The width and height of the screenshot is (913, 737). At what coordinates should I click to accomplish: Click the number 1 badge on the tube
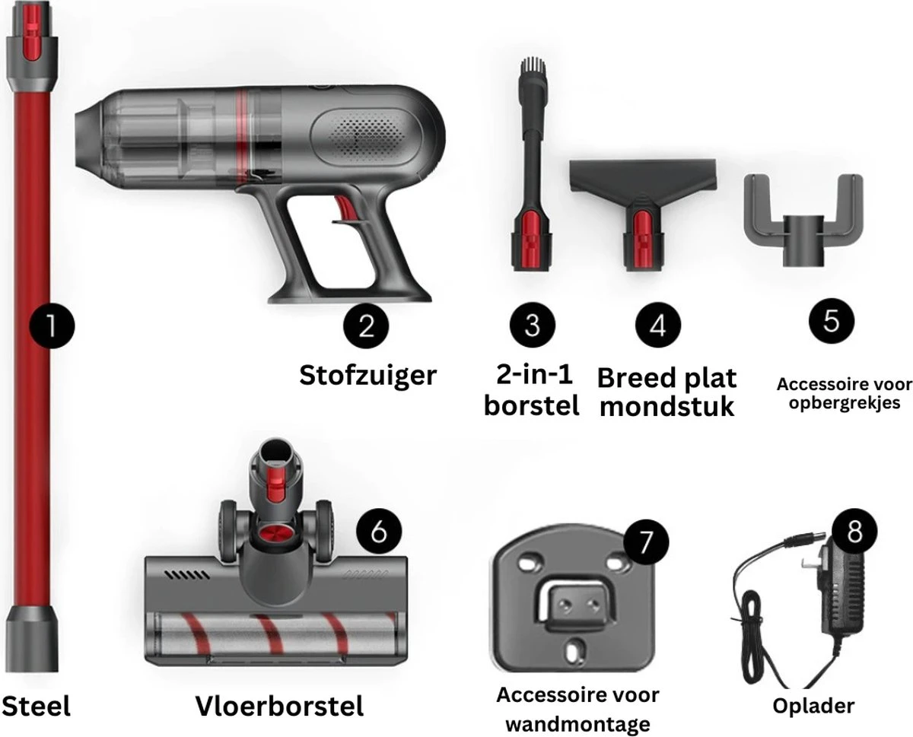[x=52, y=326]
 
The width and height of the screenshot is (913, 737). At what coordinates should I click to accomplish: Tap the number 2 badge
[x=366, y=326]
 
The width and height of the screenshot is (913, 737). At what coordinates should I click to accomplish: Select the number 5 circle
[x=831, y=321]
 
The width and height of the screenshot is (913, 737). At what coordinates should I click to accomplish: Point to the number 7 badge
[x=645, y=543]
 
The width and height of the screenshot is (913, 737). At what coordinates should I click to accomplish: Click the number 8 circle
[x=854, y=532]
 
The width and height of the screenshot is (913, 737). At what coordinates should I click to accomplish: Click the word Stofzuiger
[x=367, y=376]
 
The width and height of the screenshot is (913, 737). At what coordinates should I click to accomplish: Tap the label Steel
[x=36, y=706]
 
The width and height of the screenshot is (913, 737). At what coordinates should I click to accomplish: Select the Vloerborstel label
[x=279, y=706]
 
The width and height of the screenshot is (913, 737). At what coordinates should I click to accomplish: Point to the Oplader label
[x=813, y=707]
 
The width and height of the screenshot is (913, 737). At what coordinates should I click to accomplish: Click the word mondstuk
[x=666, y=406]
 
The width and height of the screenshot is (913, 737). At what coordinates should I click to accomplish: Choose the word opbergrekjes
[x=844, y=403]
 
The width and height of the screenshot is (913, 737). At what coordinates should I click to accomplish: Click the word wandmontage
[x=577, y=724]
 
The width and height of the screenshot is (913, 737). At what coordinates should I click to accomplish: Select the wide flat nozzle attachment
[x=643, y=214]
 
